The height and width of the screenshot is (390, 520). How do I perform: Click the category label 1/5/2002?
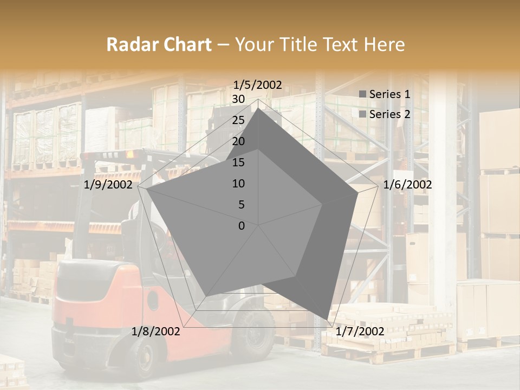[257, 84]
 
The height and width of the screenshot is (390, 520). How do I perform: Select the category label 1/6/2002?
[407, 185]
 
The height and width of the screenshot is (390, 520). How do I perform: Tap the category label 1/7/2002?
[360, 331]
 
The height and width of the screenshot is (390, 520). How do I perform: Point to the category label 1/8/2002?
[155, 331]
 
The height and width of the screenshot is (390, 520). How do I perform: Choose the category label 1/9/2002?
[108, 185]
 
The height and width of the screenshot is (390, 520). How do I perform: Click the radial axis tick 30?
[238, 99]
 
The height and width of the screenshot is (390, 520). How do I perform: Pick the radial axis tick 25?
[238, 120]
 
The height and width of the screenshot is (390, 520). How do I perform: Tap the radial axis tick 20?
[238, 141]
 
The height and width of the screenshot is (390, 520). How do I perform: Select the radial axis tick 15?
[238, 162]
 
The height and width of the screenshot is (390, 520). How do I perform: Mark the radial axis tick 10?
[238, 184]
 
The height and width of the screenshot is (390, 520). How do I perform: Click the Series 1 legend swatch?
[362, 95]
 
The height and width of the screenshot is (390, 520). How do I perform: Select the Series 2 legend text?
[389, 114]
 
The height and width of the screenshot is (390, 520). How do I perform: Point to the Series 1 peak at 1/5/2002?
[258, 108]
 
